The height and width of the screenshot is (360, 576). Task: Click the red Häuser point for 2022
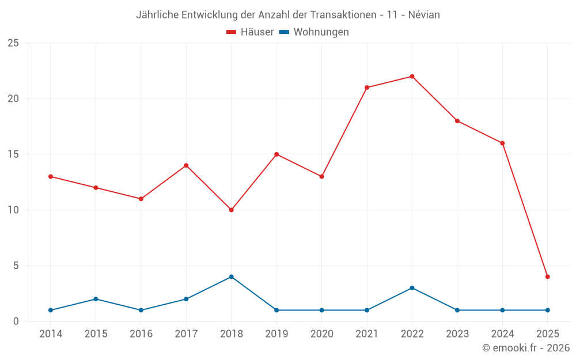tap(412, 77)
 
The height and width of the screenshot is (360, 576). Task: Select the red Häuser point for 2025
tap(548, 276)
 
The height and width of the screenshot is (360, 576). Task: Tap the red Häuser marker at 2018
tap(231, 210)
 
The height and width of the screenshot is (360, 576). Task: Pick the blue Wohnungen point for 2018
tap(231, 276)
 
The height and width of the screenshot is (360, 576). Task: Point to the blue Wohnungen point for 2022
tap(412, 288)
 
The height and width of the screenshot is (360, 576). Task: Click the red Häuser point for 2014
tap(51, 177)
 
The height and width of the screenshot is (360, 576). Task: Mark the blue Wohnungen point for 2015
tap(96, 299)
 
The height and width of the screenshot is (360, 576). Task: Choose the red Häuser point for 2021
tap(367, 88)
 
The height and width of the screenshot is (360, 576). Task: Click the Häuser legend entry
tap(250, 32)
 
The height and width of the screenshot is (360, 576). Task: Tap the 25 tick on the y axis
tap(13, 43)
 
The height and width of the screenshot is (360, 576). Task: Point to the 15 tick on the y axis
tap(13, 154)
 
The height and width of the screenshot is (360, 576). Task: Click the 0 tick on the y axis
tap(16, 321)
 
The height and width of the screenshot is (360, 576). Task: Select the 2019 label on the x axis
tap(276, 334)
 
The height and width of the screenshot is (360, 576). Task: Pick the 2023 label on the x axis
tap(457, 334)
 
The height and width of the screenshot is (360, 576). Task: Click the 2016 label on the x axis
tap(141, 334)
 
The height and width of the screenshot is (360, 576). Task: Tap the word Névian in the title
tap(424, 15)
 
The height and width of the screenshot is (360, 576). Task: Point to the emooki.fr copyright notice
tap(525, 348)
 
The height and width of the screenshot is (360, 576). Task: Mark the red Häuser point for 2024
tap(502, 143)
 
